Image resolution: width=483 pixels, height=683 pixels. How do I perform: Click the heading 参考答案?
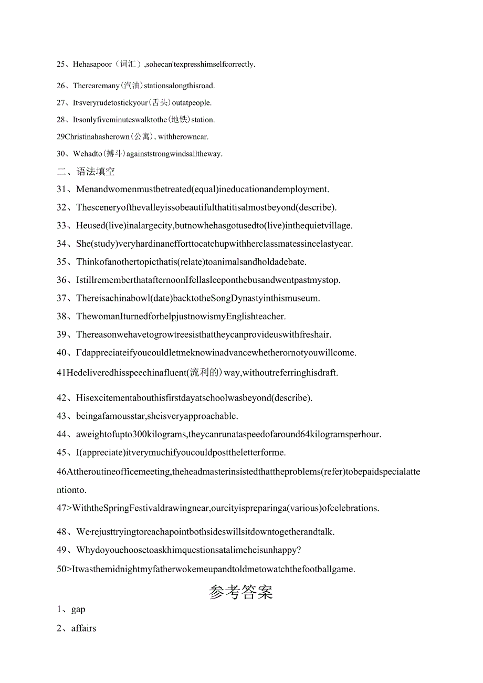(241, 592)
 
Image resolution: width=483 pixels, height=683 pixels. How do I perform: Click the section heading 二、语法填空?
(86, 172)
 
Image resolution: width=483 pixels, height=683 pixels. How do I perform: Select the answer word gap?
(78, 610)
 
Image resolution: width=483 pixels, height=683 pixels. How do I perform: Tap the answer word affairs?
(83, 628)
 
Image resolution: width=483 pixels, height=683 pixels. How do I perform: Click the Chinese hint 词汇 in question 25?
(128, 65)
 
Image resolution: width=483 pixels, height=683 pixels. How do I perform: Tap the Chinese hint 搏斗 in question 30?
(115, 154)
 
